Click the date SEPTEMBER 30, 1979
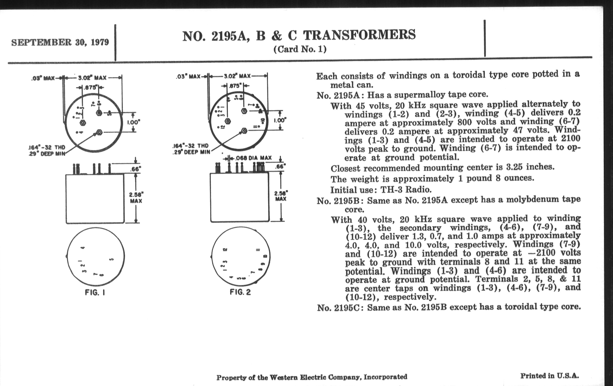click(60, 42)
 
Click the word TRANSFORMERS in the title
click(359, 35)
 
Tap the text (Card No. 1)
click(300, 49)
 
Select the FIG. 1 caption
click(95, 292)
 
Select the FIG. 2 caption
click(240, 292)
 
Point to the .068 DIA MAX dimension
click(253, 158)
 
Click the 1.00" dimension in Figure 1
click(134, 122)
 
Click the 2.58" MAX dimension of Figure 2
click(281, 196)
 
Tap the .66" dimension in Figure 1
click(136, 169)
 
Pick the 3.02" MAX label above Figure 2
click(237, 76)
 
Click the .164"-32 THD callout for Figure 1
click(47, 148)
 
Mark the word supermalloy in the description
click(416, 95)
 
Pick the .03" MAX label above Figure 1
click(43, 78)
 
